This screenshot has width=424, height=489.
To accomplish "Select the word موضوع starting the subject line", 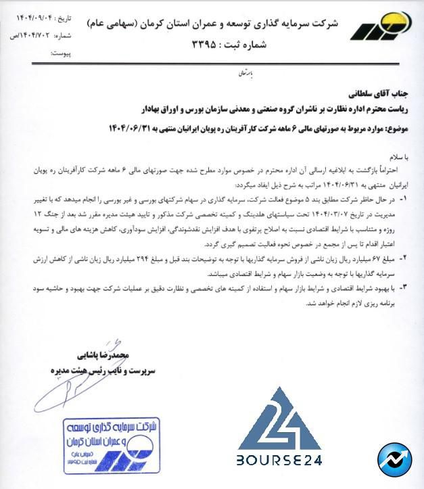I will [x=394, y=127].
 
